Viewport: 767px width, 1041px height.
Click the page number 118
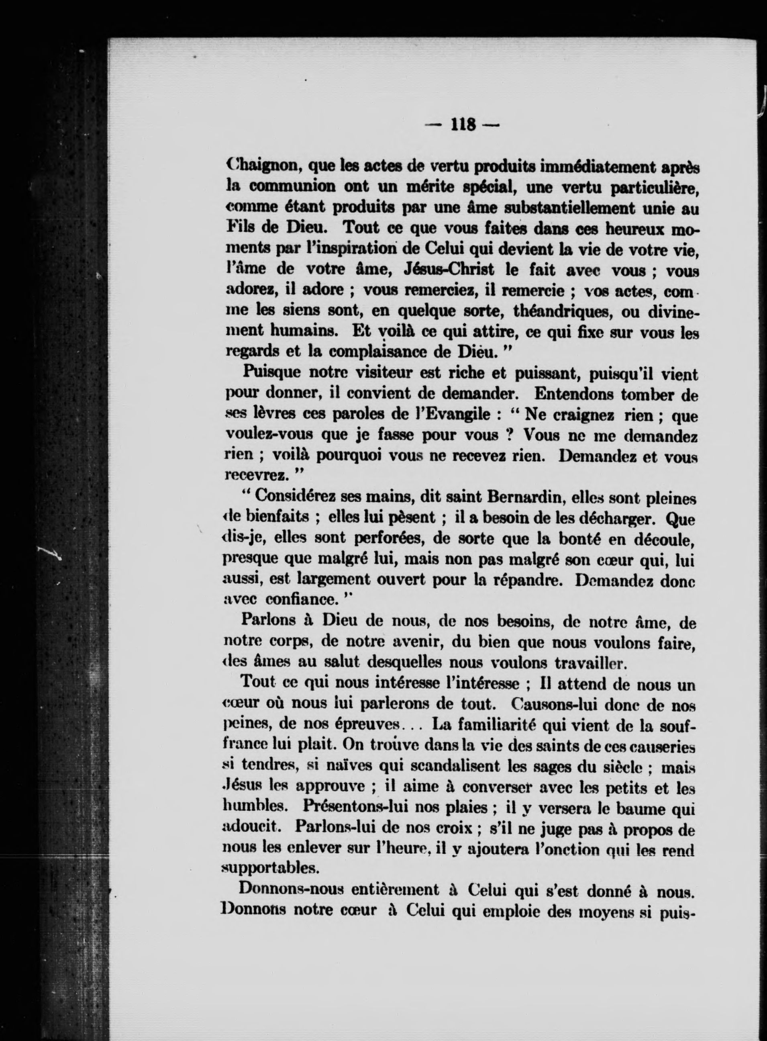click(463, 125)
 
